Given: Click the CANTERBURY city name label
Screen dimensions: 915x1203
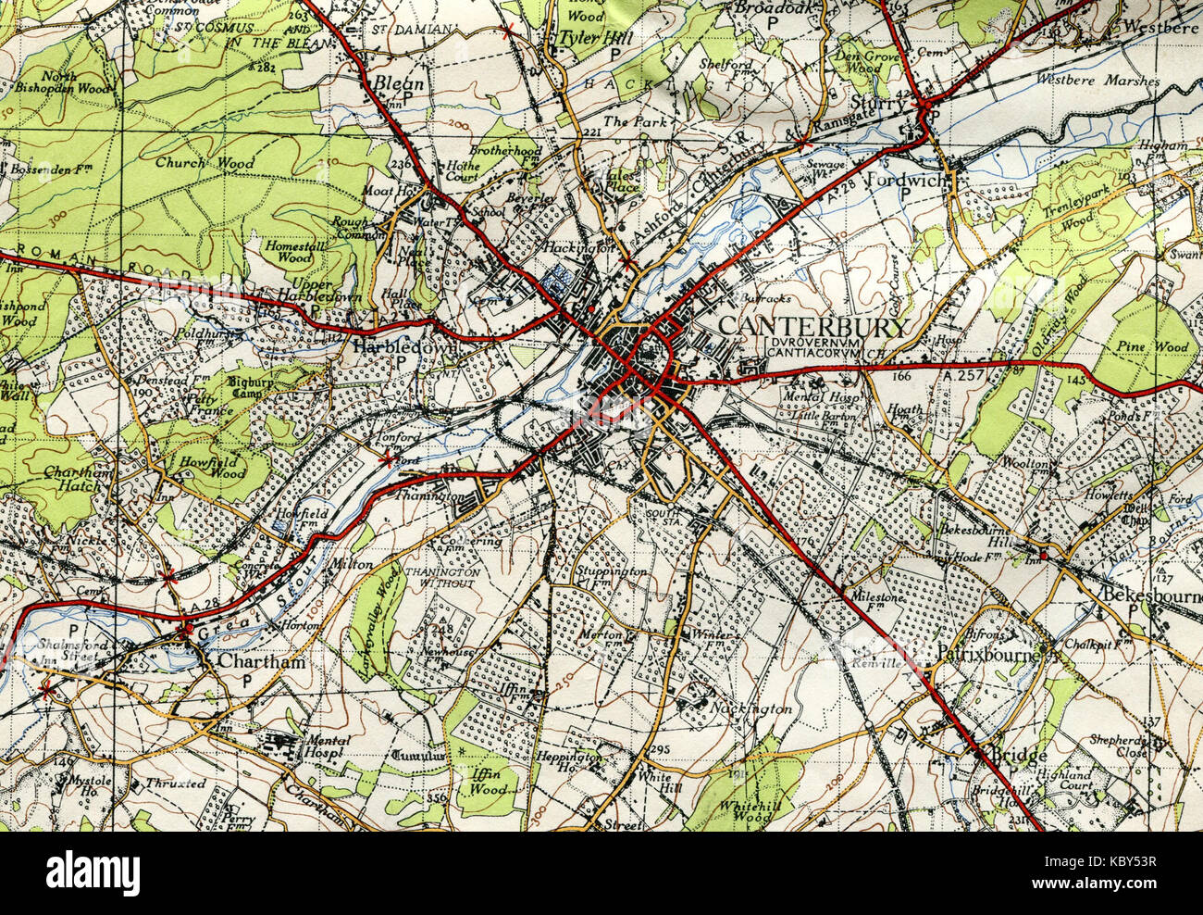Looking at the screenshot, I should [813, 326].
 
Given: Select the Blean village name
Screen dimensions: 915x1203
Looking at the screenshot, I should [399, 83].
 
